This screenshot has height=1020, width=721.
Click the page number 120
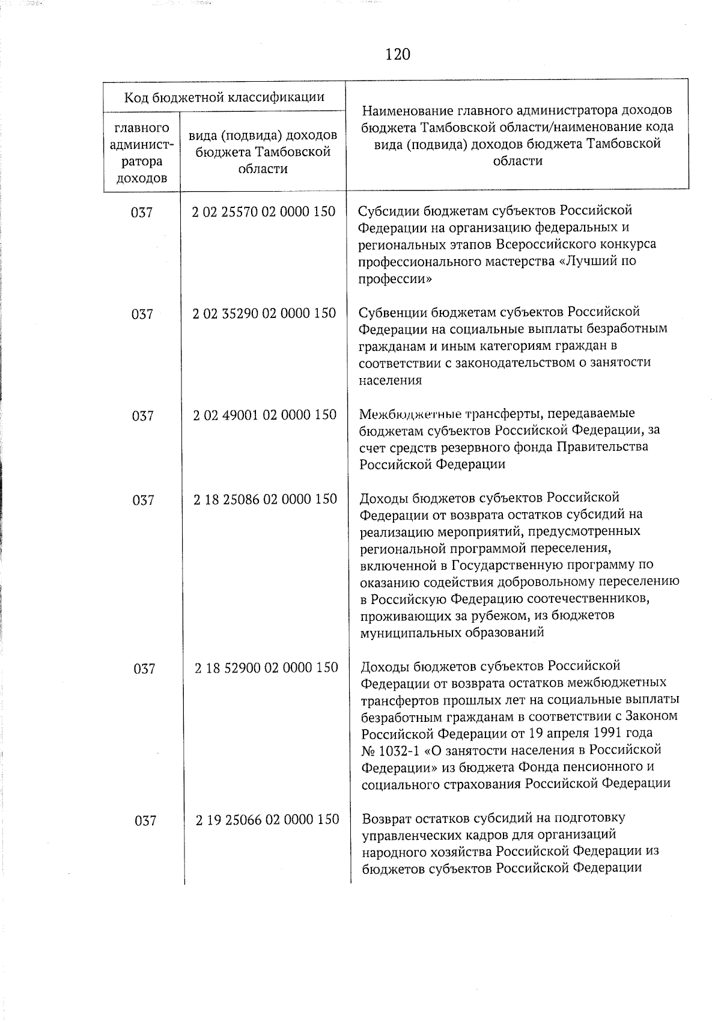(x=397, y=55)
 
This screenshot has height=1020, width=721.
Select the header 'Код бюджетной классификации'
(x=224, y=97)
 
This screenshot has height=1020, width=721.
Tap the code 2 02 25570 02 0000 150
(x=263, y=212)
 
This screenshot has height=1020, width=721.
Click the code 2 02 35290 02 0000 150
(x=264, y=313)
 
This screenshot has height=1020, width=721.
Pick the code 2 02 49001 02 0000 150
(x=264, y=415)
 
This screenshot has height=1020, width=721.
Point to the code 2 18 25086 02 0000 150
(x=265, y=499)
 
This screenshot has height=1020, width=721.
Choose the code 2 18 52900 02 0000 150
(x=266, y=667)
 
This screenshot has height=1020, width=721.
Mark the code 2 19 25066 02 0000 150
(x=267, y=819)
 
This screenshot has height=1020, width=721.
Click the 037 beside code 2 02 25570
(x=142, y=213)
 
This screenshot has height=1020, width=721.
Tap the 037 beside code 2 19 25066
(x=145, y=820)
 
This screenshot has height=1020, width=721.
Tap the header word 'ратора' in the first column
(x=141, y=162)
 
